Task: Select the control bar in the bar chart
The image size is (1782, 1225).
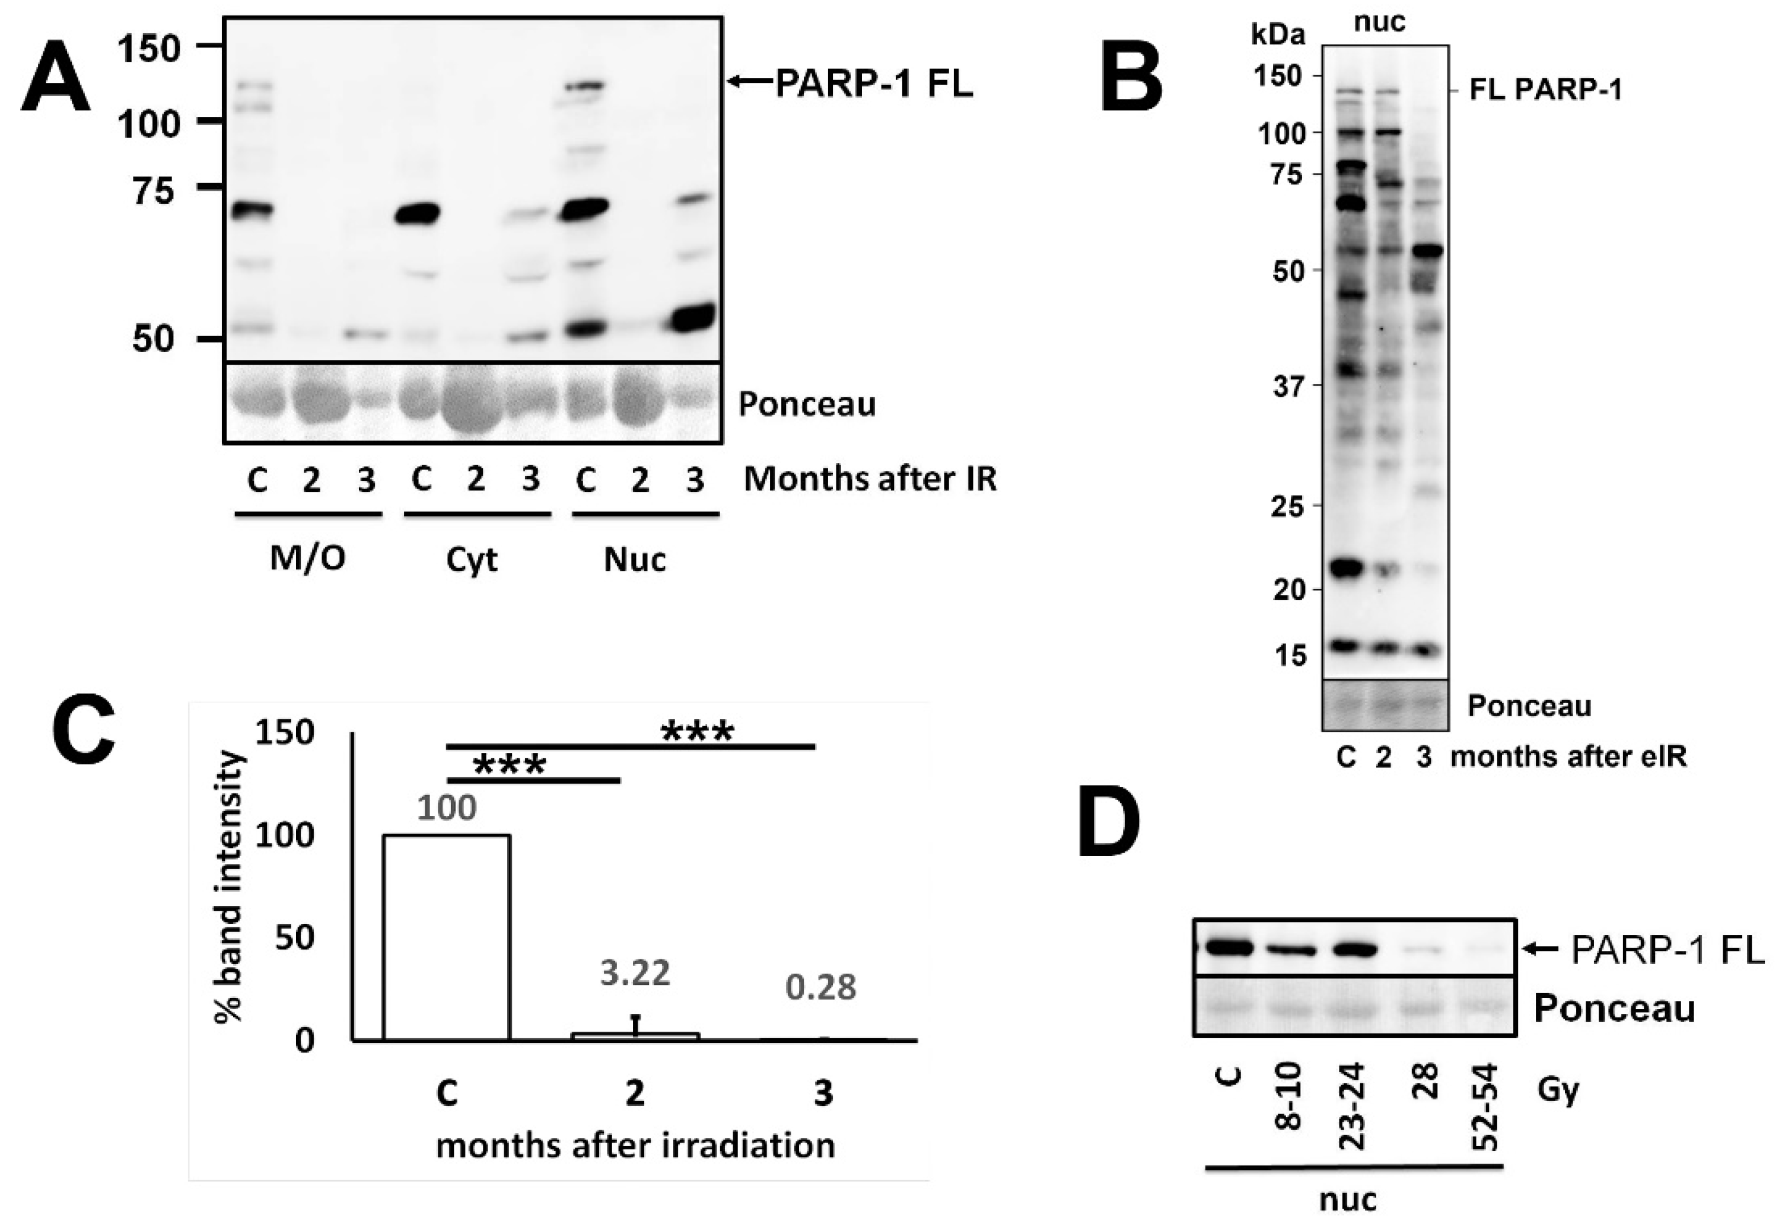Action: point(446,937)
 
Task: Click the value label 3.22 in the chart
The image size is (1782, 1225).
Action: point(635,972)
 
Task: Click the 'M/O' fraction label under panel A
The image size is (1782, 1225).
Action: point(307,559)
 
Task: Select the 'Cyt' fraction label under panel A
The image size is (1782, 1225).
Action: point(472,560)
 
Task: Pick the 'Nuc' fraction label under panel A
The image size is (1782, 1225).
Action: point(634,560)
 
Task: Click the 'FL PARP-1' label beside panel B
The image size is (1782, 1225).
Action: point(1545,91)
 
